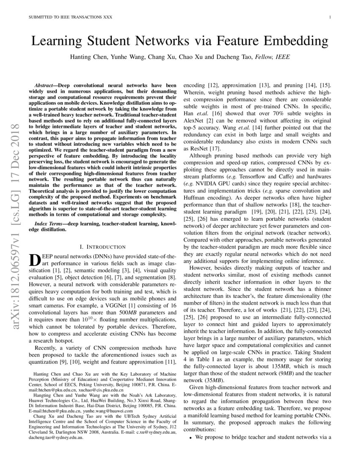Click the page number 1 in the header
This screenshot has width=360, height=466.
tap(330, 17)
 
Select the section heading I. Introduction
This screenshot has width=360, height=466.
tap(102, 247)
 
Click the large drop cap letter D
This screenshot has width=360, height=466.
tap(34, 261)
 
